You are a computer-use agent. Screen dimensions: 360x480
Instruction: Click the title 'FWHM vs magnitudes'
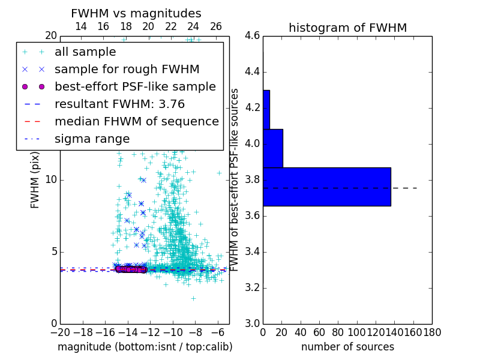(136, 13)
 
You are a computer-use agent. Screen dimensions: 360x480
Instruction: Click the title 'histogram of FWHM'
(347, 28)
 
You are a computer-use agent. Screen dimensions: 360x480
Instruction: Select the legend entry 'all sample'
(85, 52)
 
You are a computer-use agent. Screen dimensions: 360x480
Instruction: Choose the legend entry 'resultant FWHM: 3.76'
(119, 104)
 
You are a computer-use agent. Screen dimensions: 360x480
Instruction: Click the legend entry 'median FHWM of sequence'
(136, 121)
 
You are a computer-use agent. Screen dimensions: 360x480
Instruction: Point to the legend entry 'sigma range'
(92, 139)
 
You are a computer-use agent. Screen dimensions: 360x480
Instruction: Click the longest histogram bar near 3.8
(326, 187)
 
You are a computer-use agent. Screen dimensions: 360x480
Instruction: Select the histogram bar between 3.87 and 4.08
(272, 148)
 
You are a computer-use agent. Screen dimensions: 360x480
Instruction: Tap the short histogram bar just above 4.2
(266, 109)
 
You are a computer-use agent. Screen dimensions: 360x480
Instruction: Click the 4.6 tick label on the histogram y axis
(252, 36)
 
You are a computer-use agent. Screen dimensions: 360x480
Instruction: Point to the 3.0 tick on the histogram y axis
(252, 323)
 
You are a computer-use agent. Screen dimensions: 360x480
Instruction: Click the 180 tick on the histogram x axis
(432, 332)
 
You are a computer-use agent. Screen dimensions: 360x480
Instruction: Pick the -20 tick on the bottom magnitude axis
(60, 332)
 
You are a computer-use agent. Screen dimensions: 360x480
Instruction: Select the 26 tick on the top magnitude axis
(216, 26)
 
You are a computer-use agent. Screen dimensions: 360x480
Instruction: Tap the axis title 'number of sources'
(347, 347)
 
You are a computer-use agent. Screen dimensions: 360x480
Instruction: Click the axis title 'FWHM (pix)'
(35, 180)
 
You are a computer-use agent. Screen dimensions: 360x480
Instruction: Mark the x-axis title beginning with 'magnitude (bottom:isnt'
(145, 347)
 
